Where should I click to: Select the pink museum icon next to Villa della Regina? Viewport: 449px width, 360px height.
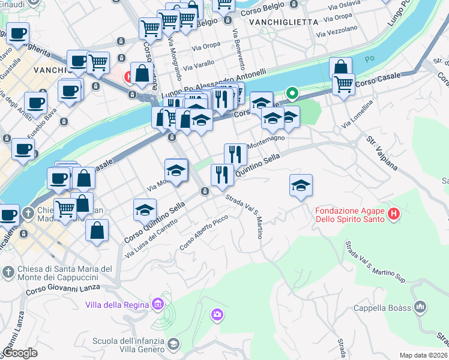[158, 305]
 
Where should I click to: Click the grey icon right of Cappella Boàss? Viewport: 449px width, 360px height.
[421, 307]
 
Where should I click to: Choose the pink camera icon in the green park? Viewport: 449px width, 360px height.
[217, 314]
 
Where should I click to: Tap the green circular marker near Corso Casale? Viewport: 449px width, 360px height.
[292, 93]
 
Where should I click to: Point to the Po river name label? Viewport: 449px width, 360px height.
[370, 60]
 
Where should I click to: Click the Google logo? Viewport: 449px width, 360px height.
[20, 353]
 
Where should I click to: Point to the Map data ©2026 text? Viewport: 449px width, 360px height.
[423, 355]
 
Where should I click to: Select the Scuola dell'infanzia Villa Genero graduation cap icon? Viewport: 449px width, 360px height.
[173, 344]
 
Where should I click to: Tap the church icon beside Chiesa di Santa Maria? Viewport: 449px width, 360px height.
[8, 272]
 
